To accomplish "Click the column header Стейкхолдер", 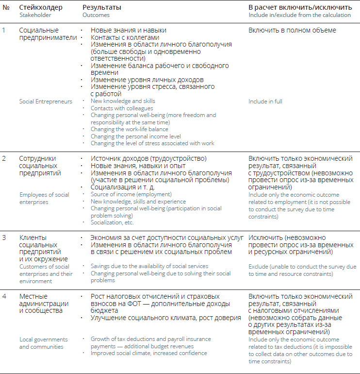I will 40,8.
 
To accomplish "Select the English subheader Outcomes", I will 96,15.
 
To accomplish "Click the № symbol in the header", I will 5,8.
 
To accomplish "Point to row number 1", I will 4,30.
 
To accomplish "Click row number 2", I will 4,158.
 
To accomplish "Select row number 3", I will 4,238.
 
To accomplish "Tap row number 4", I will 4,296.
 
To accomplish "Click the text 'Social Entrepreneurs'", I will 46,102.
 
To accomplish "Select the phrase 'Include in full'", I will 265,102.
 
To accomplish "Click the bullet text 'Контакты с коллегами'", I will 125,37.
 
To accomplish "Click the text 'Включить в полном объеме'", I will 292,30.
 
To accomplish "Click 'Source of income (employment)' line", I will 131,194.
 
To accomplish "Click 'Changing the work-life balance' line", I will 130,129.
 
